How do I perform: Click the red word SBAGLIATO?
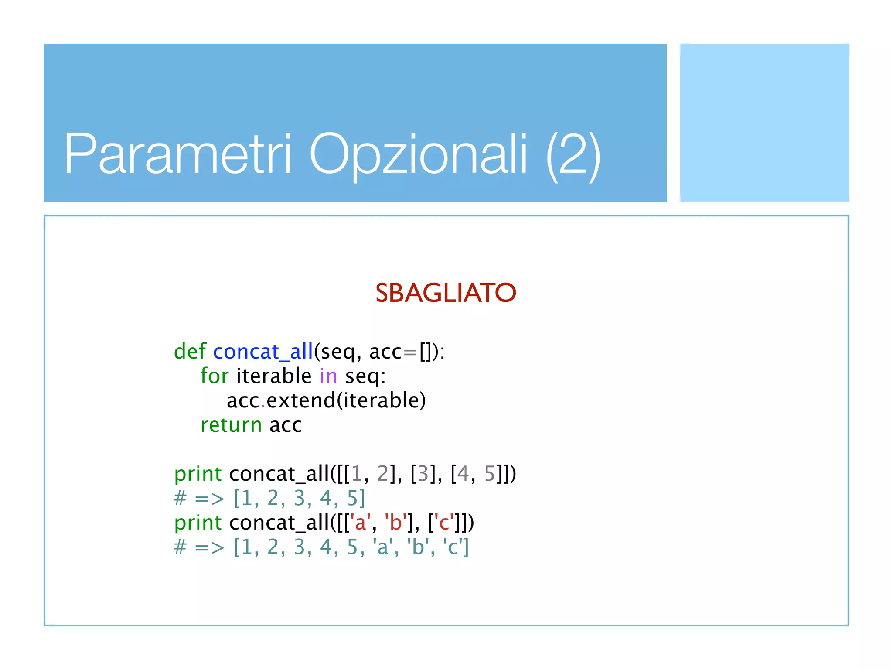[446, 293]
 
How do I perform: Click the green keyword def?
[190, 352]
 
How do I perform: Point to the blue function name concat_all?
[263, 352]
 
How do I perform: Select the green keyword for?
[215, 376]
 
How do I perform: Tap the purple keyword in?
[328, 376]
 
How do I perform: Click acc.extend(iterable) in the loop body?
[326, 400]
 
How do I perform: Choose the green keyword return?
[231, 425]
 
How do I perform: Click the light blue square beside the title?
[764, 123]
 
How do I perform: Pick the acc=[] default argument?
[402, 352]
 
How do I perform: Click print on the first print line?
[198, 474]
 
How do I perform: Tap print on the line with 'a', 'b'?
[198, 523]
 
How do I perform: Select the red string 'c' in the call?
[444, 523]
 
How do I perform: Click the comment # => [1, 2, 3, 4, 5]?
[269, 498]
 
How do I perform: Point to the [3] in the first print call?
[423, 474]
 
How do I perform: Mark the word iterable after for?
[274, 376]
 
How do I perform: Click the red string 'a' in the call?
[360, 523]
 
